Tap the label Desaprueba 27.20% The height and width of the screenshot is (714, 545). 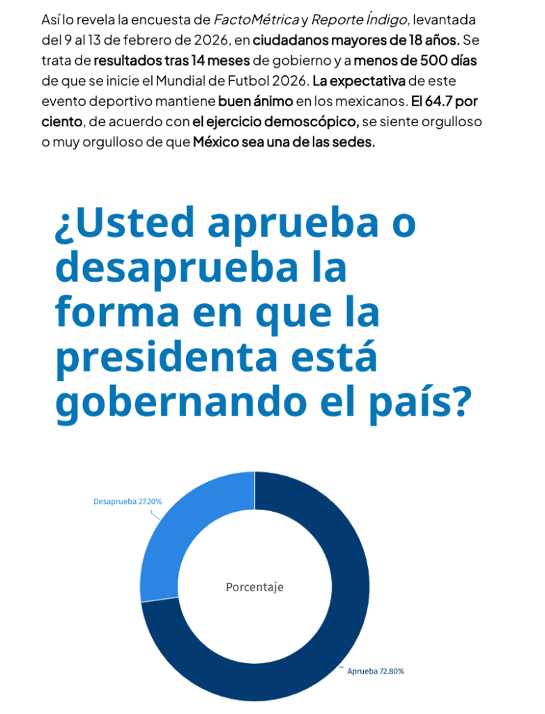[x=128, y=501]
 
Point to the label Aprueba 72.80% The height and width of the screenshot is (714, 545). [x=376, y=671]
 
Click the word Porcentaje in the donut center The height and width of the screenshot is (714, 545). [x=254, y=587]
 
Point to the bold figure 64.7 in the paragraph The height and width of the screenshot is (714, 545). [x=440, y=100]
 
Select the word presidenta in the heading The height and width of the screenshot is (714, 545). [x=167, y=358]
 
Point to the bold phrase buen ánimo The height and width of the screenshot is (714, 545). [x=255, y=100]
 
